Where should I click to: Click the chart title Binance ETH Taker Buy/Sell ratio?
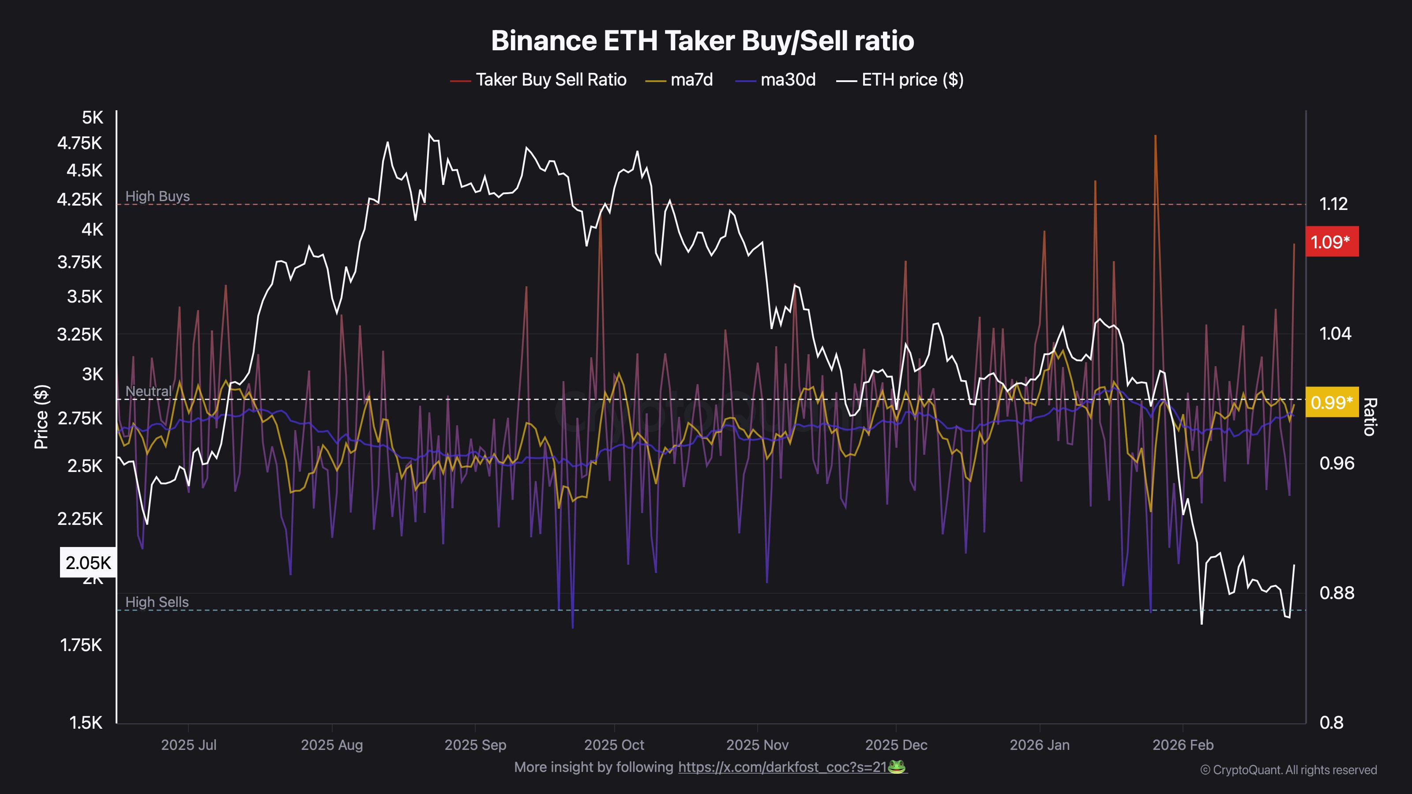click(x=702, y=41)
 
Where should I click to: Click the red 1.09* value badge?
click(x=1331, y=242)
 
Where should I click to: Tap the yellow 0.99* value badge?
click(x=1331, y=403)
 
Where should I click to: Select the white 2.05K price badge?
click(x=88, y=563)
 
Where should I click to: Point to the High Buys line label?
click(x=158, y=196)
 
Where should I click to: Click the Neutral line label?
click(x=148, y=391)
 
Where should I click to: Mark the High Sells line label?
click(x=157, y=602)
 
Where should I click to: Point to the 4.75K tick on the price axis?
click(x=80, y=143)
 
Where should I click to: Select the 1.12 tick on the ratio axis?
click(x=1333, y=204)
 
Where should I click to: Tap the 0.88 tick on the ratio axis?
click(x=1337, y=593)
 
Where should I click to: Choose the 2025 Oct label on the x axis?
click(x=614, y=745)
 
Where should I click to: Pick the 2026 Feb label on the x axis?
click(x=1183, y=745)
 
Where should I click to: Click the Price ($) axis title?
click(x=41, y=416)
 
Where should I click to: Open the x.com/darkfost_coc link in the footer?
click(x=782, y=767)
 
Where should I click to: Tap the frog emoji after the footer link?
click(x=897, y=767)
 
